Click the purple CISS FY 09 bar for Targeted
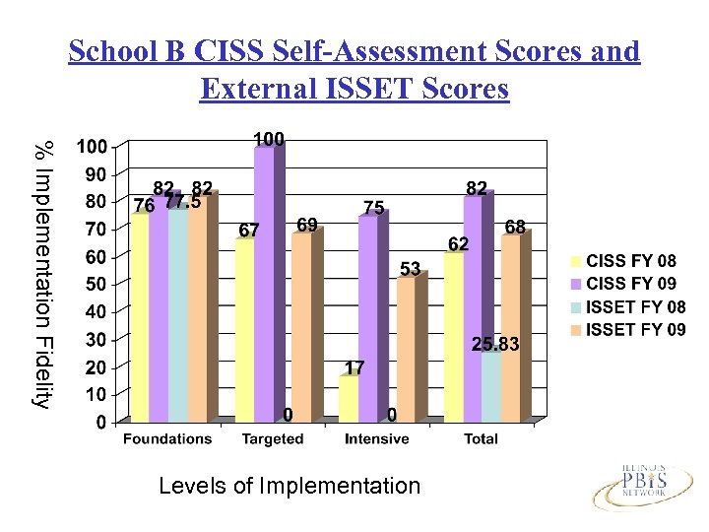click(263, 286)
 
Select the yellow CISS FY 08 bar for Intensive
click(348, 399)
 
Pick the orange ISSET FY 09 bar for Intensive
click(405, 350)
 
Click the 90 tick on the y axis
click(94, 174)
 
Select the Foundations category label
click(166, 439)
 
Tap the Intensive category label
click(376, 439)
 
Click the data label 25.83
click(494, 344)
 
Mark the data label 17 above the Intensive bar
click(354, 367)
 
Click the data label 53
click(411, 269)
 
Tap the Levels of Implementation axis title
click(289, 486)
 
